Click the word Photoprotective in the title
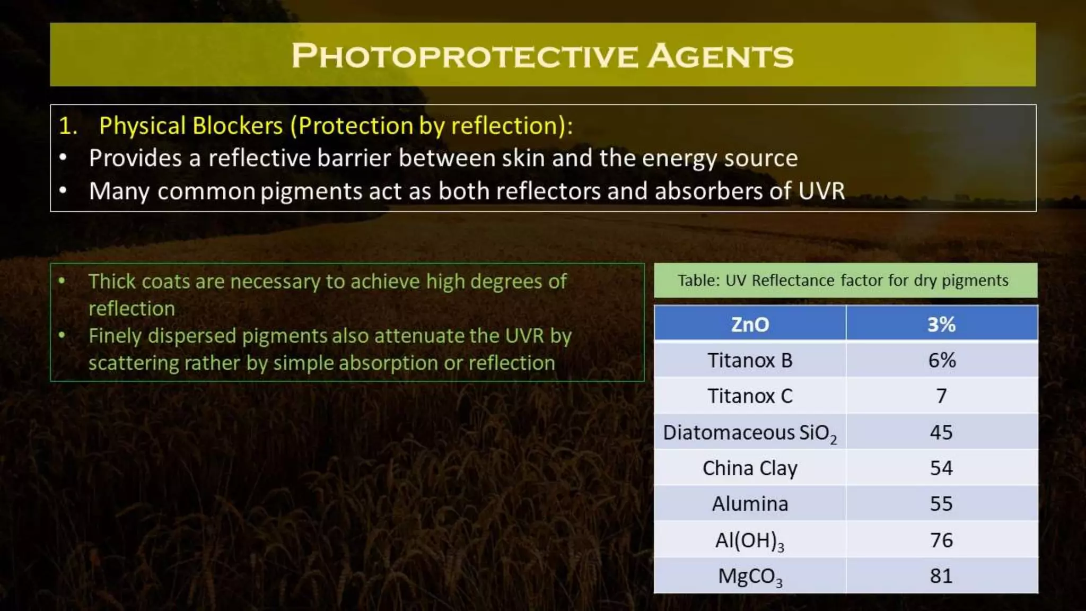click(x=465, y=56)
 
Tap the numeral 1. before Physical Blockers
click(x=68, y=126)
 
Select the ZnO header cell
click(x=749, y=324)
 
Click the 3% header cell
click(x=941, y=324)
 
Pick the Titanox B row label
click(x=749, y=361)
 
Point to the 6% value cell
click(x=941, y=361)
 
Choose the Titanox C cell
click(x=749, y=396)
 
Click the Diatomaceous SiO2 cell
click(x=749, y=433)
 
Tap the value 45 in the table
click(x=941, y=432)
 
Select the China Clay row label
click(x=749, y=468)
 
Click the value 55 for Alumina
click(x=941, y=504)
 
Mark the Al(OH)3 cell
click(x=749, y=540)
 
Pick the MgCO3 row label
click(x=749, y=576)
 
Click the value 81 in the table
click(x=941, y=576)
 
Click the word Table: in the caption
click(x=698, y=280)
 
